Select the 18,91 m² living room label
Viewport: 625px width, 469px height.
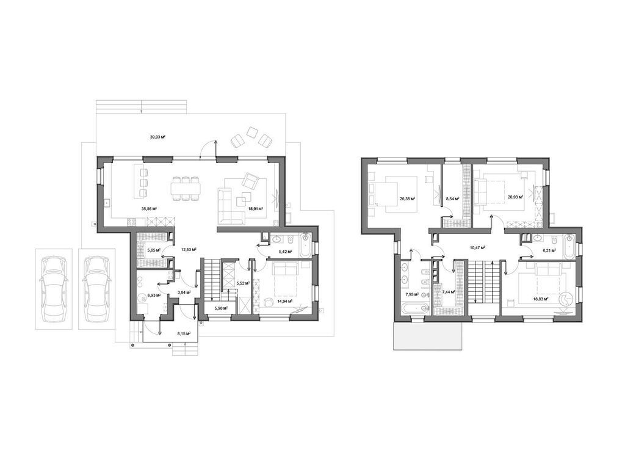click(255, 209)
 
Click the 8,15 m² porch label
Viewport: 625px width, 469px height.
click(184, 333)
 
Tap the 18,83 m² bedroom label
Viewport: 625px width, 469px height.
click(540, 299)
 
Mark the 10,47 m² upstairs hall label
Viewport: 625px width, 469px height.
click(477, 248)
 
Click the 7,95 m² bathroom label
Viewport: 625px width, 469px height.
click(413, 294)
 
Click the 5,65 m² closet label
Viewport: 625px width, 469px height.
click(153, 250)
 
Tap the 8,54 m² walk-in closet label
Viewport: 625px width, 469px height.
click(452, 198)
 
